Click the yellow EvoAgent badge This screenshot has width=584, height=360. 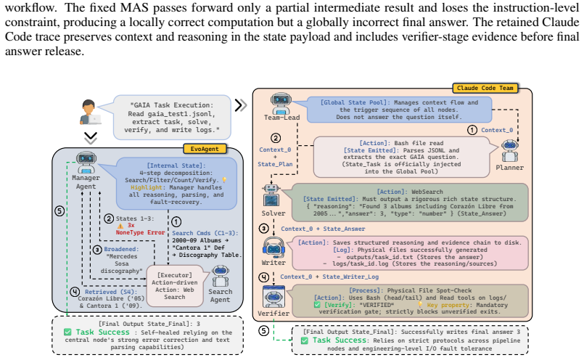point(205,149)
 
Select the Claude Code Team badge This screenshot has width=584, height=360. point(485,89)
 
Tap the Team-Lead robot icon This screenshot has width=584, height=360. point(281,103)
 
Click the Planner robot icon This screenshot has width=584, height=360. point(510,151)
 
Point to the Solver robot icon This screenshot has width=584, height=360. point(271,196)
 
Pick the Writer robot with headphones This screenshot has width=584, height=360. point(274,247)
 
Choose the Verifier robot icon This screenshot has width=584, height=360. point(274,297)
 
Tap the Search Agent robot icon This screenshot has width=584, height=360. point(220,276)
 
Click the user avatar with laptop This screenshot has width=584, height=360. point(89,112)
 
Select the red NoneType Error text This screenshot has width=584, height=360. point(140,232)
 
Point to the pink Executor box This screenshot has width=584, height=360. point(175,286)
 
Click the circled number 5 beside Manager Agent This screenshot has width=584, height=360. point(59,211)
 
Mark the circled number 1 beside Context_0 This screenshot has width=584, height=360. point(472,130)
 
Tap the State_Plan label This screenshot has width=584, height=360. point(275,164)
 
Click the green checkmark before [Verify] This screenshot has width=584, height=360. point(317,305)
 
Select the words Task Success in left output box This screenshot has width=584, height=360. point(103,332)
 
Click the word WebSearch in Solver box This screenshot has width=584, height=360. point(427,192)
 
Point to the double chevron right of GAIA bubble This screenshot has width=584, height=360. point(241,105)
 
